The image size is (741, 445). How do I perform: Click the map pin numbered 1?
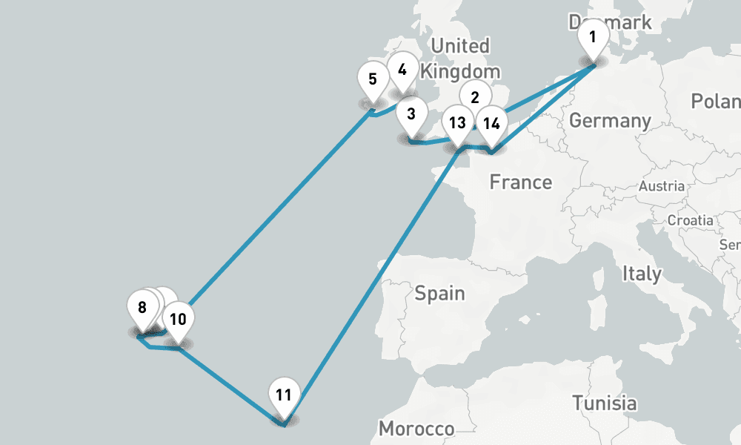(592, 36)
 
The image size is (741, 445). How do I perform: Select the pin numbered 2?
(475, 96)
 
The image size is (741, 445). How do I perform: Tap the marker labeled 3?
(411, 115)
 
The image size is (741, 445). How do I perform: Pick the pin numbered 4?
(402, 70)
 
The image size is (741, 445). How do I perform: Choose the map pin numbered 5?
(373, 79)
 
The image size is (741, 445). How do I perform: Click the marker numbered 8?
(142, 308)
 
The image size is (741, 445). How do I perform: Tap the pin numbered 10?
(178, 320)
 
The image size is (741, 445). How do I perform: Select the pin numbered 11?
(283, 395)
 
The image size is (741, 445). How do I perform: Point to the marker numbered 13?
(457, 123)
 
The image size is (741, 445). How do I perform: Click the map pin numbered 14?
(491, 123)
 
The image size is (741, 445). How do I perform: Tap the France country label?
(520, 182)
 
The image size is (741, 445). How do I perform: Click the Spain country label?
(439, 293)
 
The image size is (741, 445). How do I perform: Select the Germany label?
(610, 120)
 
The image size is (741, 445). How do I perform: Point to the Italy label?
(642, 273)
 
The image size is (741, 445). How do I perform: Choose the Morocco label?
(416, 429)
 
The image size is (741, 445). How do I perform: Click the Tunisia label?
(604, 403)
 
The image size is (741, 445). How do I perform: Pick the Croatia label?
(690, 220)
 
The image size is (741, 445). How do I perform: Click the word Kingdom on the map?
(459, 72)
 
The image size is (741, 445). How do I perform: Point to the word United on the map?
(460, 46)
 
